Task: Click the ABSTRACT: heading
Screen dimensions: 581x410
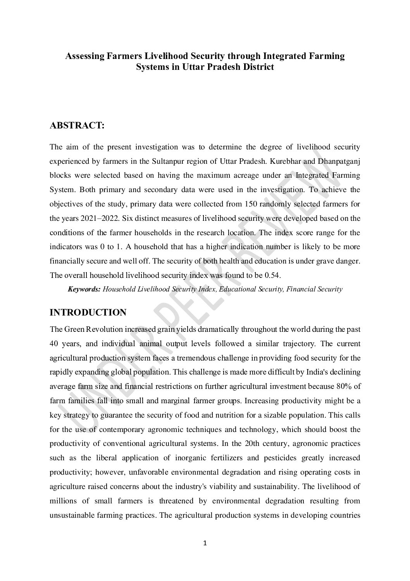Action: [77, 126]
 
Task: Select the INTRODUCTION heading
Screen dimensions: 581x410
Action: [88, 312]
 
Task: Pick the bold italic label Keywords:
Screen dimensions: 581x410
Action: [84, 289]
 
